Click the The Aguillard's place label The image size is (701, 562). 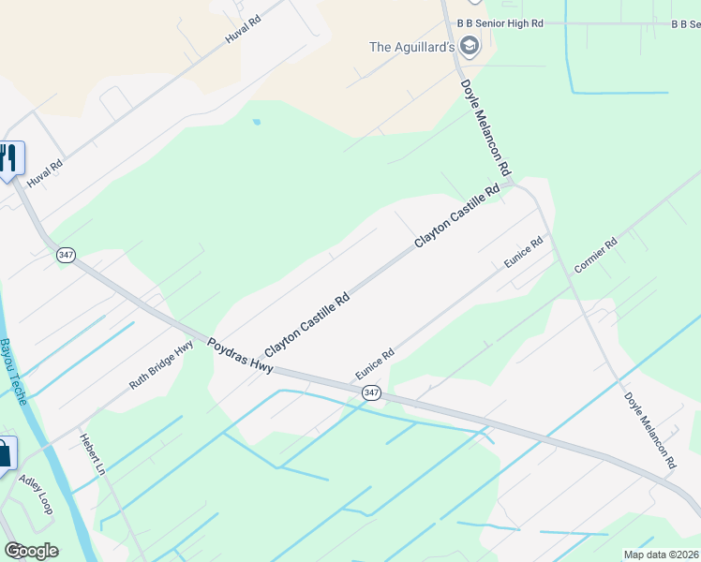[x=412, y=47]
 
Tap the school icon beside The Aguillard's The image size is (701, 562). [x=470, y=46]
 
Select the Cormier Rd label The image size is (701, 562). [x=596, y=256]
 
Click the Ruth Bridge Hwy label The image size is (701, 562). [x=161, y=364]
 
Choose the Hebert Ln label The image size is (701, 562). [x=97, y=454]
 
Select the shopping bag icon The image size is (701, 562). [x=5, y=454]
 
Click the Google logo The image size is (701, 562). [x=31, y=551]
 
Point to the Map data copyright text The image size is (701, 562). [x=661, y=554]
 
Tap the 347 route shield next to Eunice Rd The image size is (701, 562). [x=372, y=392]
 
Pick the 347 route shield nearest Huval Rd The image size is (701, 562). [x=65, y=255]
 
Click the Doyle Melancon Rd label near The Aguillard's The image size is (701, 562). [x=485, y=127]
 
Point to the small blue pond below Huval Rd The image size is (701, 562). [x=256, y=122]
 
